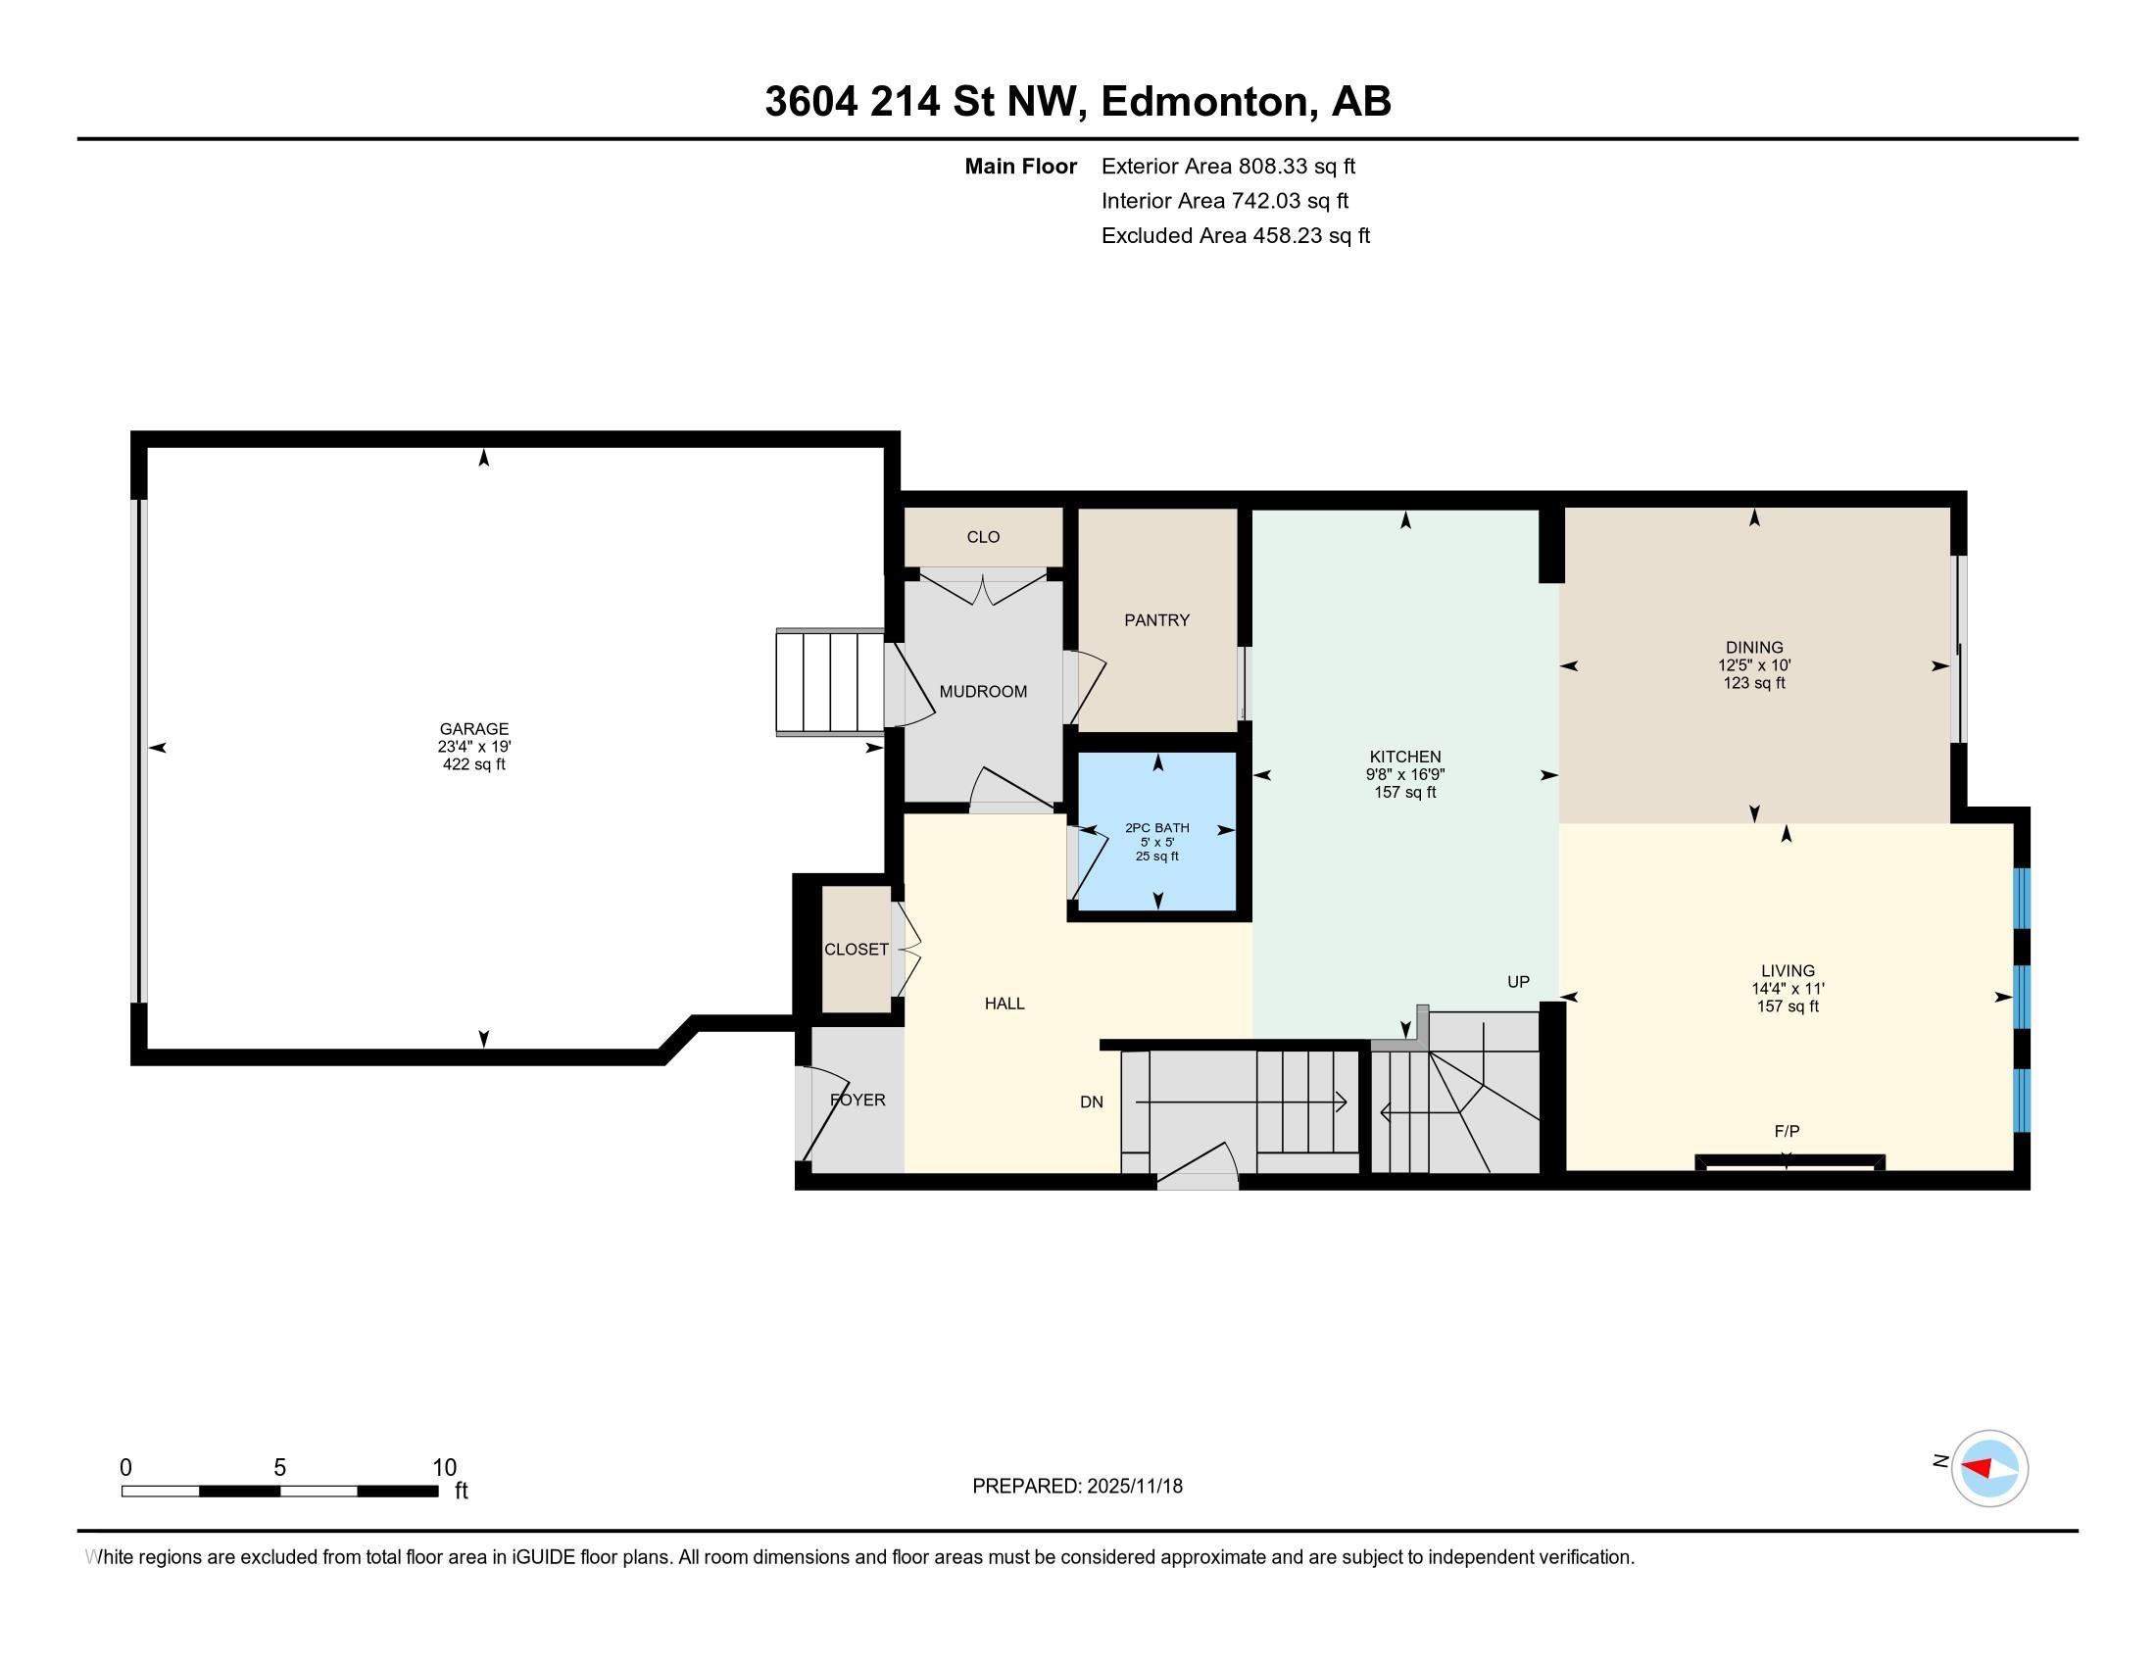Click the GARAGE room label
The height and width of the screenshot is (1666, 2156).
pyautogui.click(x=474, y=729)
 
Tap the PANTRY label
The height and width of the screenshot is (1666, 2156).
pyautogui.click(x=1156, y=619)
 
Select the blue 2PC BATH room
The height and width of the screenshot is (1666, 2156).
pyautogui.click(x=1157, y=868)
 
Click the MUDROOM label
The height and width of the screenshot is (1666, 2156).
pyautogui.click(x=982, y=691)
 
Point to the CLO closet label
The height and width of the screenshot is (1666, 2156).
pyautogui.click(x=982, y=537)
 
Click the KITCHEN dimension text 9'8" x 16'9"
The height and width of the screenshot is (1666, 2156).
pyautogui.click(x=1404, y=775)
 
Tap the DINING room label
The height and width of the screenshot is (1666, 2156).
pyautogui.click(x=1753, y=648)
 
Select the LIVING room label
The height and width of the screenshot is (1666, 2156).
pyautogui.click(x=1787, y=970)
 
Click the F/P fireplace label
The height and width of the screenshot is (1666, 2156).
pyautogui.click(x=1786, y=1131)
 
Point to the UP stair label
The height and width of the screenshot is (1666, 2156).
pyautogui.click(x=1517, y=981)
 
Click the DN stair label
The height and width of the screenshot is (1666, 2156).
pyautogui.click(x=1091, y=1102)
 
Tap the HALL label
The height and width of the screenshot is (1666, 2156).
pyautogui.click(x=1004, y=1003)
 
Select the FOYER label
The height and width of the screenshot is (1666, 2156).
pyautogui.click(x=857, y=1100)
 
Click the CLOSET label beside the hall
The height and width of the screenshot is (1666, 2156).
pyautogui.click(x=856, y=949)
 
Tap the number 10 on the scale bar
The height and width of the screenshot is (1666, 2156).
pyautogui.click(x=444, y=1468)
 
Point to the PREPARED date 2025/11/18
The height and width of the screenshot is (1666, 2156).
pyautogui.click(x=1133, y=1486)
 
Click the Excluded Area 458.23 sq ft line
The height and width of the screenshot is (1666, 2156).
pyautogui.click(x=1235, y=235)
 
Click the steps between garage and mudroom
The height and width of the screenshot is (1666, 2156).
pyautogui.click(x=828, y=682)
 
